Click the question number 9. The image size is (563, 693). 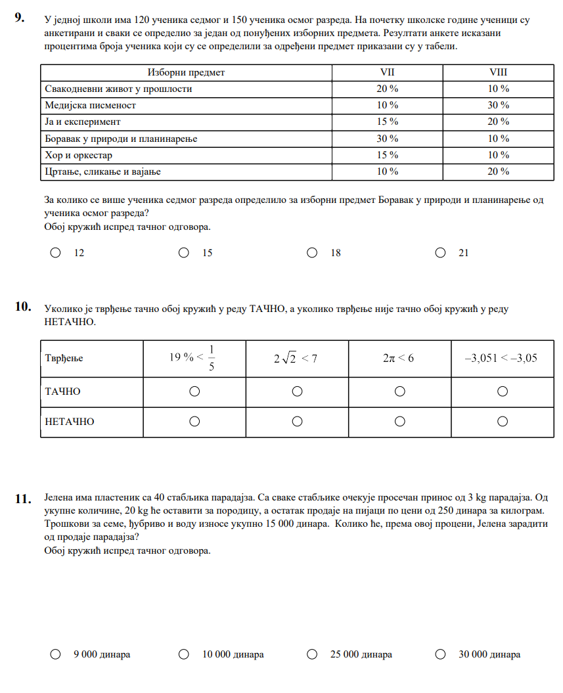pos(20,19)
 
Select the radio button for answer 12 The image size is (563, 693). pos(56,252)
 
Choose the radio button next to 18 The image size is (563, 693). pos(312,252)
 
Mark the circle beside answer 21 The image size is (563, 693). pos(440,252)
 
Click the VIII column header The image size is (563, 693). pos(499,72)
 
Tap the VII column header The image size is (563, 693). pos(388,72)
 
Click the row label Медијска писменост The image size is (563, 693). pos(90,105)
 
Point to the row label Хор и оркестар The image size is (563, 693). pos(78,155)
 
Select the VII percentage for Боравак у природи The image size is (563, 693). pos(388,139)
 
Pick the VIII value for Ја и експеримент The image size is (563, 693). pos(499,122)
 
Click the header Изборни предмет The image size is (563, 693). pos(186,72)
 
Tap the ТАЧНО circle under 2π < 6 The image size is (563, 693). pos(399,391)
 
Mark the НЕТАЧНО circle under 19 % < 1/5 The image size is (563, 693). pos(194,421)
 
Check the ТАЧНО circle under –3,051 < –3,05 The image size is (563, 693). pos(503,391)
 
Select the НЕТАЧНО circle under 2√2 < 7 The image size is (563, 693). pos(297,421)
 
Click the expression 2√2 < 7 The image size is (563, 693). pos(296,359)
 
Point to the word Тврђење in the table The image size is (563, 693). pos(64,359)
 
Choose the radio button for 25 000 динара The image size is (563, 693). pos(312,654)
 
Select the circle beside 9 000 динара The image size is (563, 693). pos(56,654)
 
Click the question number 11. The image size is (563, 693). pos(23,500)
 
